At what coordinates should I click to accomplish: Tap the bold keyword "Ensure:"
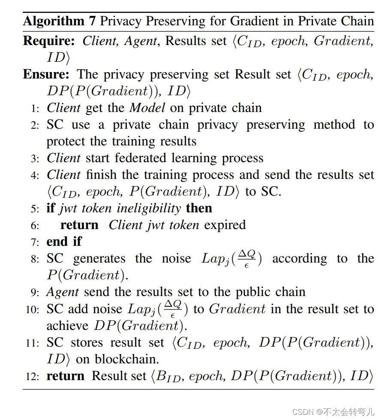click(46, 74)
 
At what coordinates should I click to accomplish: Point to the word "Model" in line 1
click(147, 108)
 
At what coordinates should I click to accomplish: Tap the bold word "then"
click(199, 208)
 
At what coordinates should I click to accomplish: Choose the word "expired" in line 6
click(225, 225)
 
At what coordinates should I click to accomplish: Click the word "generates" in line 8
click(99, 259)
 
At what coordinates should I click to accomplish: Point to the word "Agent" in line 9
click(63, 292)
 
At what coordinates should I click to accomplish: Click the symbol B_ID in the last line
click(168, 377)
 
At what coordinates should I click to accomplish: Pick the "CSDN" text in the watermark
click(301, 411)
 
